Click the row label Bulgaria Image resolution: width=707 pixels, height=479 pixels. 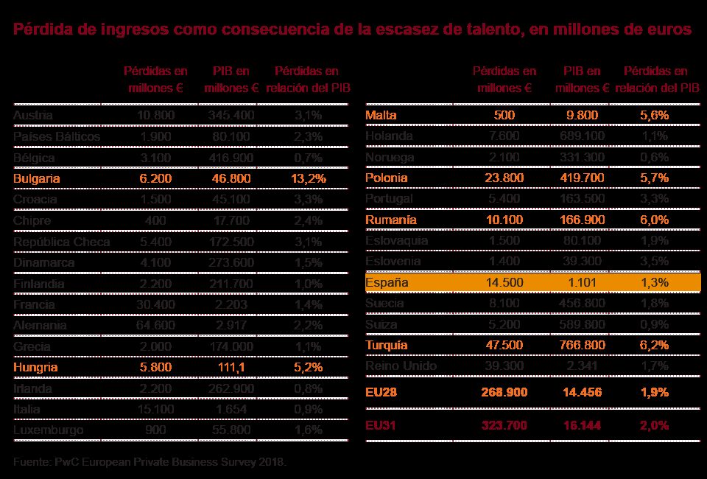click(x=36, y=178)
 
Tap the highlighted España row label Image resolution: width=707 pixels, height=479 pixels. click(x=387, y=282)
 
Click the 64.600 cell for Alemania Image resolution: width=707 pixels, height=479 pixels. click(x=155, y=325)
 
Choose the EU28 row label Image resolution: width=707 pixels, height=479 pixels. click(x=381, y=393)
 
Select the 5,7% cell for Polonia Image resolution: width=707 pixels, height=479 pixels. click(x=654, y=178)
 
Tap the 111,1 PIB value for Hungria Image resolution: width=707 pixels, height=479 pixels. click(x=232, y=367)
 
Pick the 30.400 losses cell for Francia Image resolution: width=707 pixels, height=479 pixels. click(x=155, y=304)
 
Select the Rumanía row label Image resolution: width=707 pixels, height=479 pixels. click(x=390, y=220)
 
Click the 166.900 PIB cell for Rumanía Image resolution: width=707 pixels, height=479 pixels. click(x=583, y=220)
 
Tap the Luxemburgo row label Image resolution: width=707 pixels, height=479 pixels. click(x=48, y=430)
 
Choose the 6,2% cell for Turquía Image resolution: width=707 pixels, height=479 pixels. click(x=654, y=345)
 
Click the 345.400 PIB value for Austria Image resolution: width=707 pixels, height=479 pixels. click(x=232, y=116)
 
